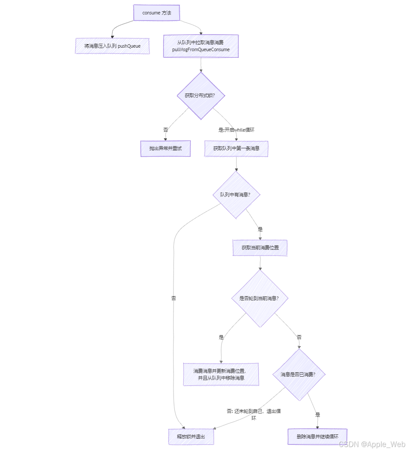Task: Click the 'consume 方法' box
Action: coord(157,13)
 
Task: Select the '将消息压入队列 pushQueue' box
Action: coord(112,45)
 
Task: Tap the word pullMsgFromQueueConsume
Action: coord(201,50)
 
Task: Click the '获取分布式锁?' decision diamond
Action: coord(201,95)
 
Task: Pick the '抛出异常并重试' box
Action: coord(165,148)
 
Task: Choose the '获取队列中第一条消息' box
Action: coord(236,148)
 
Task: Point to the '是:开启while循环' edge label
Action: coord(236,129)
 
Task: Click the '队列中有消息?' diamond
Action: coord(236,194)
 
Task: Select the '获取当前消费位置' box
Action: coord(260,248)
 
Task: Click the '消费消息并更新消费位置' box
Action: coord(221,374)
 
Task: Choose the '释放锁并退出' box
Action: coord(191,437)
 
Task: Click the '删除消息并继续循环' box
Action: coord(318,436)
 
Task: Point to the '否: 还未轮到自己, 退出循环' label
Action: coord(254,414)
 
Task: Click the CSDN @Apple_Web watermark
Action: coord(372,444)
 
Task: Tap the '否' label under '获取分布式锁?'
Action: coord(166,129)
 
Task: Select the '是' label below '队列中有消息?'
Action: coord(261,229)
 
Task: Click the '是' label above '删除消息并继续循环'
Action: coord(318,414)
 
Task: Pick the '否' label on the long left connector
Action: coord(174,298)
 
